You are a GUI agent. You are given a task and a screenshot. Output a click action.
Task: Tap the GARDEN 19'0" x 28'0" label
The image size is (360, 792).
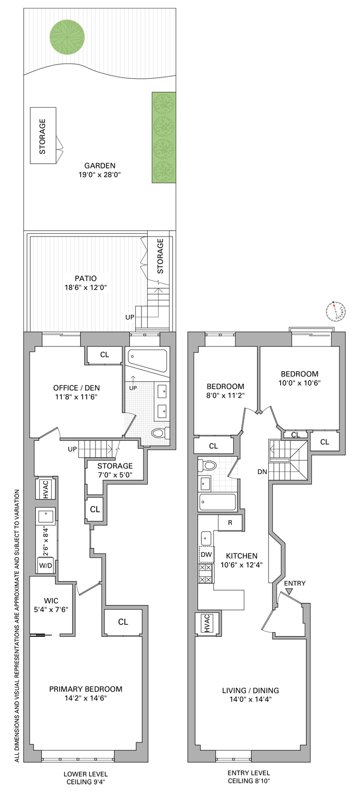click(x=99, y=169)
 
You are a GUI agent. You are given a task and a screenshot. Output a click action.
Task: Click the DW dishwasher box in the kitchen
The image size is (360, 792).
click(x=205, y=554)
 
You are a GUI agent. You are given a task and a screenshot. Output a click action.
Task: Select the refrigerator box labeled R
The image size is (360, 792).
click(x=230, y=523)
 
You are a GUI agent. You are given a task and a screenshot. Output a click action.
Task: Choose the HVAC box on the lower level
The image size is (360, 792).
click(x=46, y=489)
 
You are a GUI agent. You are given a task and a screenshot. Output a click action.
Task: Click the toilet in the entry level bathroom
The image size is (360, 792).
click(x=208, y=466)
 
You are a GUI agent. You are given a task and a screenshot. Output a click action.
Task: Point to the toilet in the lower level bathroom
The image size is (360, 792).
click(x=159, y=433)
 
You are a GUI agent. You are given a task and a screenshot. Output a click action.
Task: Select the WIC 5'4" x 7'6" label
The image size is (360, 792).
click(x=51, y=605)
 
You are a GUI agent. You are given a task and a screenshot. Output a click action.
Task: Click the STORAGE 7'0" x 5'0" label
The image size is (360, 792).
click(x=115, y=470)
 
